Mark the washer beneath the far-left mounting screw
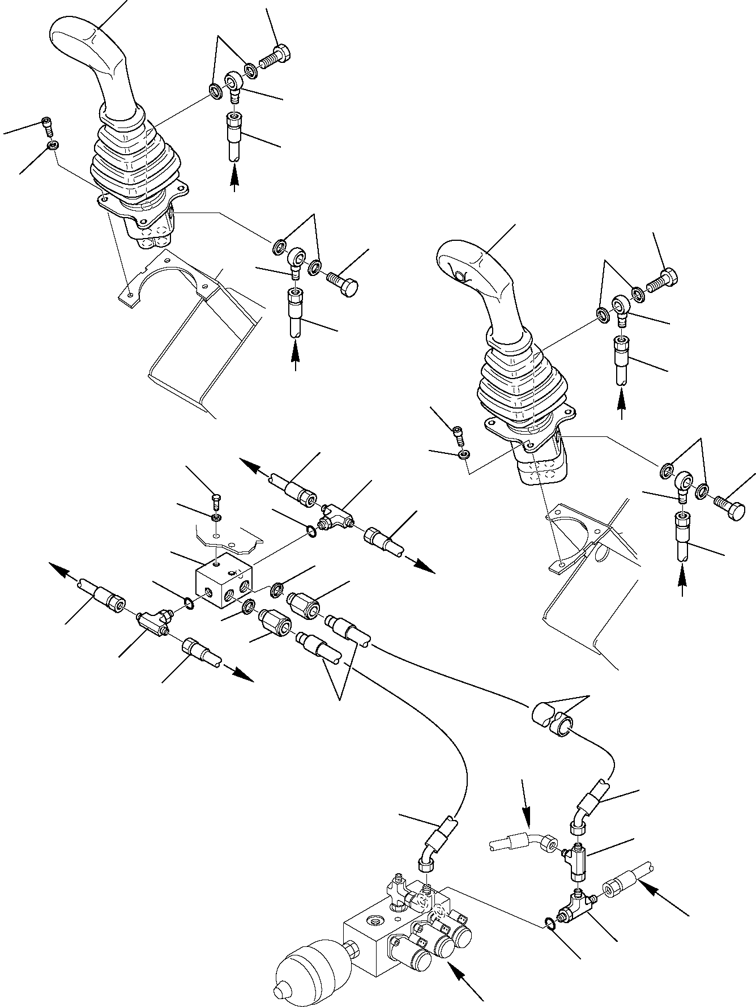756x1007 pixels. (52, 146)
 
